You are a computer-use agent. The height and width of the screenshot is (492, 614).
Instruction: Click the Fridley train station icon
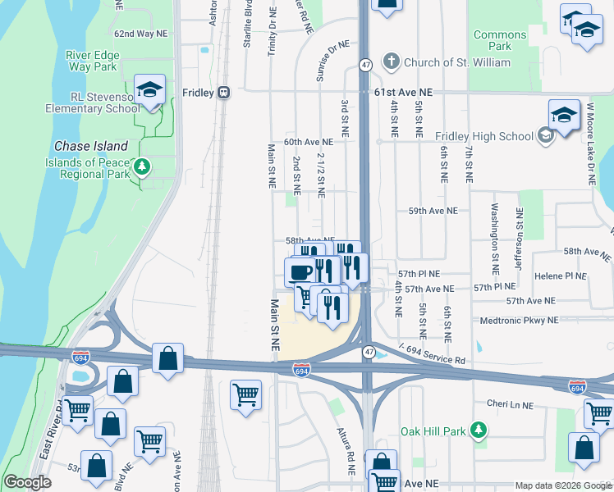(x=223, y=93)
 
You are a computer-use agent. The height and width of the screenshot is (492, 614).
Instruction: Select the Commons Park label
(x=499, y=40)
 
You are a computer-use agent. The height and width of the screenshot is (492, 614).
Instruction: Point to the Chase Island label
(x=91, y=146)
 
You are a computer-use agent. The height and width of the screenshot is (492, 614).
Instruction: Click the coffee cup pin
(x=300, y=271)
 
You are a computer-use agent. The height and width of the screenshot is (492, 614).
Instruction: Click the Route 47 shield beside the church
(x=364, y=63)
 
